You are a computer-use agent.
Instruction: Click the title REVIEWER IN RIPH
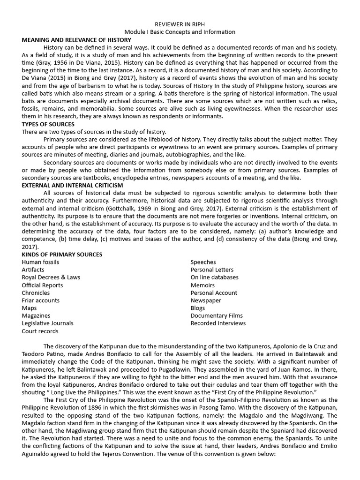pos(180,24)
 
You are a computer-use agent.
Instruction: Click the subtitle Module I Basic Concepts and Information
pos(180,32)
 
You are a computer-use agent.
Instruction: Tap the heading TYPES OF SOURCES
pos(48,124)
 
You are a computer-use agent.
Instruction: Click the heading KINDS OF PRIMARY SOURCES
pos(62,255)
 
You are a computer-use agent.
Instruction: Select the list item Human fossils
pos(40,262)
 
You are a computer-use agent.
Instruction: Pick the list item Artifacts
pos(33,270)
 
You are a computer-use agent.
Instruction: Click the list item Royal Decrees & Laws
pos(51,277)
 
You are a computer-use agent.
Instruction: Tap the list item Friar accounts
pos(40,300)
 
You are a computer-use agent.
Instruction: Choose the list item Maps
pos(29,308)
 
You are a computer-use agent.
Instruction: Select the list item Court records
pos(40,331)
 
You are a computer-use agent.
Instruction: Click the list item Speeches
pos(203,262)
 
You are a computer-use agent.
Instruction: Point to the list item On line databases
pos(214,277)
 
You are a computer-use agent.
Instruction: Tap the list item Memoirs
pos(202,285)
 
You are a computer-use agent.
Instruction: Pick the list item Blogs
pos(197,308)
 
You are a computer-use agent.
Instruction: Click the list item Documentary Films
pos(217,315)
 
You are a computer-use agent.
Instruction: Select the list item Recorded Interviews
pos(218,323)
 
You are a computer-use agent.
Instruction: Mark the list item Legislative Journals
pos(47,323)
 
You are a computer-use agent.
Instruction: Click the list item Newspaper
pos(206,300)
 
